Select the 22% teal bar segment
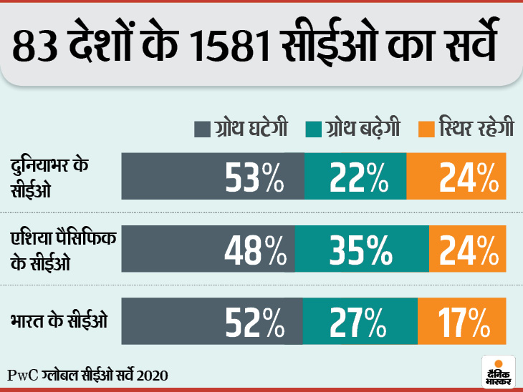355,176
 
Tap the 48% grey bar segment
208,248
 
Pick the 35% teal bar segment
362,248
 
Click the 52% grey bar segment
212,321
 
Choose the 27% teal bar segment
360,321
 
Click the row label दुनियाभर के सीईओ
51,176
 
